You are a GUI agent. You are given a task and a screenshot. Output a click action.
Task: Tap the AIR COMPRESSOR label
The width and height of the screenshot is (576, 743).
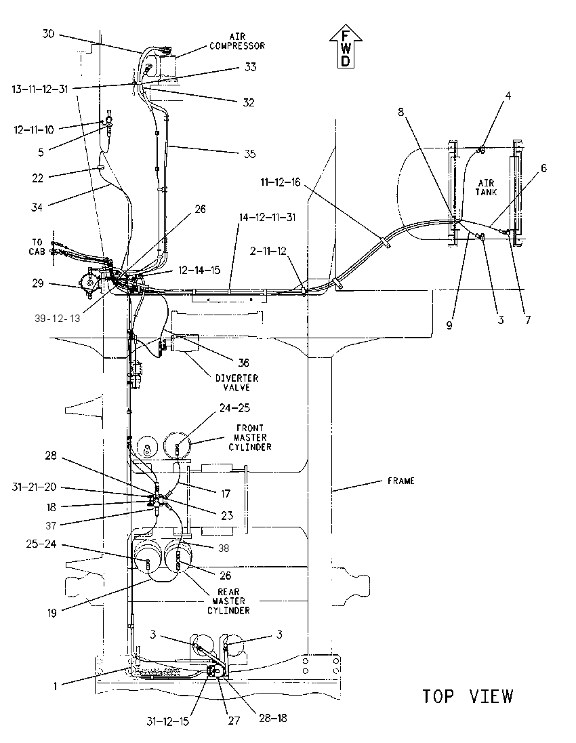pyautogui.click(x=237, y=41)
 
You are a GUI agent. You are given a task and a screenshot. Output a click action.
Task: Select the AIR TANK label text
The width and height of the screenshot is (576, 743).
pyautogui.click(x=487, y=187)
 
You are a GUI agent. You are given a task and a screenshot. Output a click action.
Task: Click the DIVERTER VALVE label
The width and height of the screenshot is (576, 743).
pyautogui.click(x=237, y=382)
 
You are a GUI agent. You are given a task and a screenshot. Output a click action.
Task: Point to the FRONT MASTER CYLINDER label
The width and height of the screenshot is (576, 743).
pyautogui.click(x=249, y=437)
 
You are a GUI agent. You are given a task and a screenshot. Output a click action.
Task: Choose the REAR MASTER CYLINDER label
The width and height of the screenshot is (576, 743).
pyautogui.click(x=228, y=601)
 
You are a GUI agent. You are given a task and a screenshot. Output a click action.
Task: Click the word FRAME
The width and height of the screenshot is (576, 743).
pyautogui.click(x=400, y=481)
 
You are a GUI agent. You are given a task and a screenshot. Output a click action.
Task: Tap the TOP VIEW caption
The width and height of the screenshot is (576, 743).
pyautogui.click(x=468, y=696)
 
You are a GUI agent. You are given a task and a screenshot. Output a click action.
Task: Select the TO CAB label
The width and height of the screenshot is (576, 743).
pyautogui.click(x=37, y=247)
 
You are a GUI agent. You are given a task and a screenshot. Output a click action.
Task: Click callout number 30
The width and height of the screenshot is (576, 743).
pyautogui.click(x=48, y=34)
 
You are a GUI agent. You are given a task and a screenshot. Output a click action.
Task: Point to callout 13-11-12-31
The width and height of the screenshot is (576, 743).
pyautogui.click(x=40, y=89)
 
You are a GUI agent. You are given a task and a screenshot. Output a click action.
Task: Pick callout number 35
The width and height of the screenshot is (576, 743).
pyautogui.click(x=249, y=153)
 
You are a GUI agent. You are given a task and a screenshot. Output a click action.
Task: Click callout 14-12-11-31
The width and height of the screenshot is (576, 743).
pyautogui.click(x=267, y=217)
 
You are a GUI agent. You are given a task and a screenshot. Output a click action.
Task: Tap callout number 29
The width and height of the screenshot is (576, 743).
pyautogui.click(x=38, y=283)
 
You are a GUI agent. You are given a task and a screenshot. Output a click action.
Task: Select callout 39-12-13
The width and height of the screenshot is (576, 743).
pyautogui.click(x=58, y=319)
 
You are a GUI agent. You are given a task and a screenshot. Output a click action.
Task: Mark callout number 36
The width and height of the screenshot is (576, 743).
pyautogui.click(x=243, y=363)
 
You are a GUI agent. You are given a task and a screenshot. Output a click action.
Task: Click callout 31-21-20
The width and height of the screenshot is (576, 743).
pyautogui.click(x=34, y=487)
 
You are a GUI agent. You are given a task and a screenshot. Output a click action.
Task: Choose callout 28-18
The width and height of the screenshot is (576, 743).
pyautogui.click(x=273, y=718)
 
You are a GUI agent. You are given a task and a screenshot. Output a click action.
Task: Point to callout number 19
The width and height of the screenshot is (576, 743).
pyautogui.click(x=52, y=613)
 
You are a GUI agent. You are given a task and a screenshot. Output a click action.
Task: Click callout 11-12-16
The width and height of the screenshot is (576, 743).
pyautogui.click(x=281, y=182)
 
